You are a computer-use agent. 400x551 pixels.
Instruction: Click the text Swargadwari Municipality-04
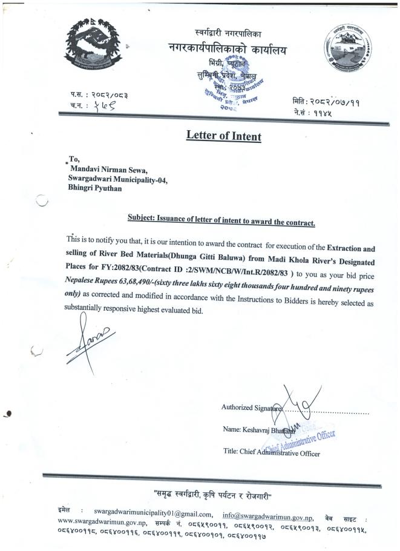click(119, 179)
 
